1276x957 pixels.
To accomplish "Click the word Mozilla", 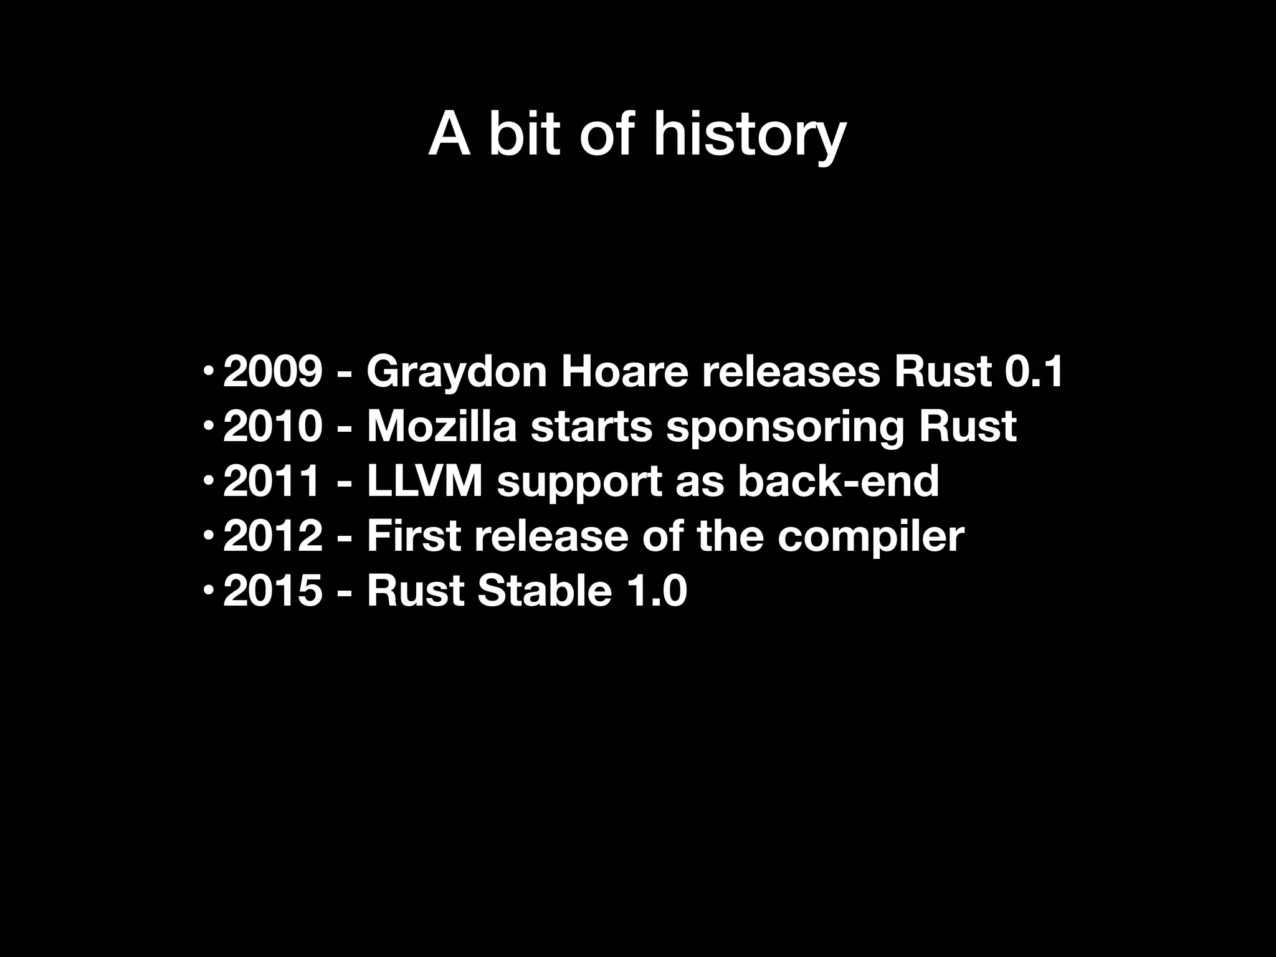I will (442, 427).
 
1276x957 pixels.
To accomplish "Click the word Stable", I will (545, 591).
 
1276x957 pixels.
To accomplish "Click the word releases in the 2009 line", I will (791, 372).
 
